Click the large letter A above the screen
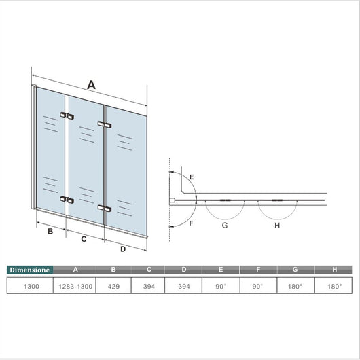[90, 84]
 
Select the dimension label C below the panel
[83, 239]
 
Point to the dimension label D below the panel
[123, 249]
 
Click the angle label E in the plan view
[192, 177]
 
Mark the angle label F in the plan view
[192, 223]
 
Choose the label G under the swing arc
[224, 226]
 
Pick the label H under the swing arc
[276, 226]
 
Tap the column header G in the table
[296, 270]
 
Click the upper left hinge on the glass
[67, 116]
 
